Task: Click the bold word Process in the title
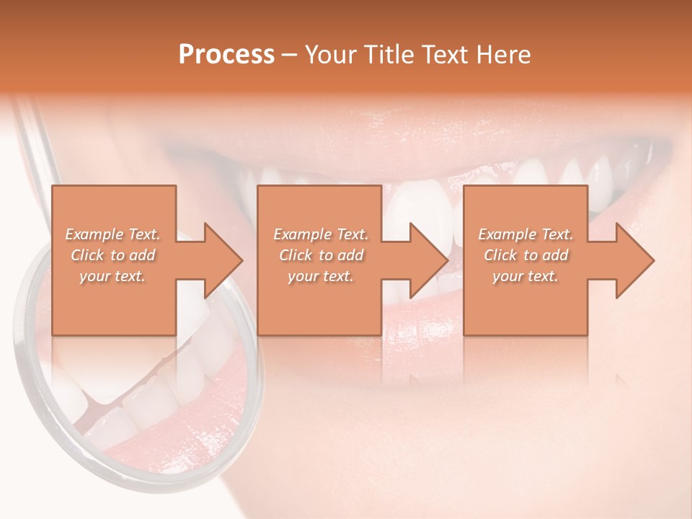pos(226,55)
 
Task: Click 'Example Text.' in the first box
pos(112,234)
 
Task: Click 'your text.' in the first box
pos(112,276)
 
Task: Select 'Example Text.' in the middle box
pos(320,234)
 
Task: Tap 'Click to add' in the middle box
pos(320,255)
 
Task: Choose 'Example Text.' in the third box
pos(525,234)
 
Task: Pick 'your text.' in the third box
pos(525,276)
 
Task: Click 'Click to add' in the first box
pos(112,255)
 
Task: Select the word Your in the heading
pos(329,55)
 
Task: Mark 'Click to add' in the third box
pos(525,255)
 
